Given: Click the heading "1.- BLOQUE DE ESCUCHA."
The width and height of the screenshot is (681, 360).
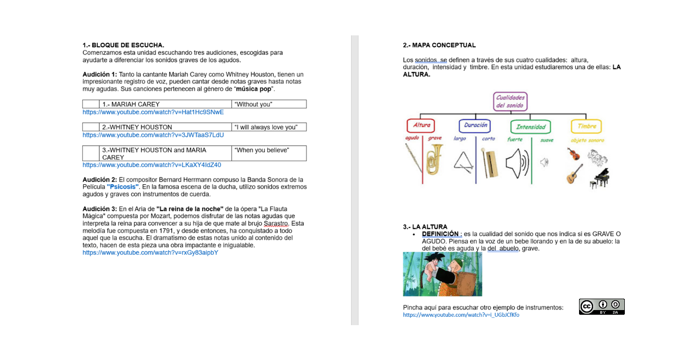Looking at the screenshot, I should [123, 45].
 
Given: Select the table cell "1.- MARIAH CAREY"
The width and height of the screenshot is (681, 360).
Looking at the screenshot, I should [131, 104].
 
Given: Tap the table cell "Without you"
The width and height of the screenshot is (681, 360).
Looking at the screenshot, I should [254, 104].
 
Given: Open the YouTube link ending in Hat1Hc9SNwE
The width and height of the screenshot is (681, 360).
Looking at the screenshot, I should [153, 112].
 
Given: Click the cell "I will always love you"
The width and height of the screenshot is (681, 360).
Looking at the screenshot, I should [266, 127].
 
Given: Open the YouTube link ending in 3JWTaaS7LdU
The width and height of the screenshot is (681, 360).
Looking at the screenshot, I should [153, 135].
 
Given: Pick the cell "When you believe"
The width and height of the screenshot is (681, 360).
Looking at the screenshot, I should [262, 150].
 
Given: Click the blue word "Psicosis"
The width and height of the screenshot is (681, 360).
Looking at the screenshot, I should [123, 187].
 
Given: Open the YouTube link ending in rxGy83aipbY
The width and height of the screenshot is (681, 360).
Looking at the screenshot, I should [150, 253].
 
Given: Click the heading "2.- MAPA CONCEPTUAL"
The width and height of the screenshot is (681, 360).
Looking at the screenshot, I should [439, 45].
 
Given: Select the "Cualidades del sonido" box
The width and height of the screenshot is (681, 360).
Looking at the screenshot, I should [510, 101].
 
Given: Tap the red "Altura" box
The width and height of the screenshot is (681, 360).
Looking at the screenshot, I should [421, 125].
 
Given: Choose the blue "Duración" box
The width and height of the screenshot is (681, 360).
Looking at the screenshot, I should [475, 125].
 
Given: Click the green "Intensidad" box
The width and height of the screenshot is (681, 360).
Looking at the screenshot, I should [530, 126].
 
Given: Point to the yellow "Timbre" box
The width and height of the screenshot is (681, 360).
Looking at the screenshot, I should [586, 126].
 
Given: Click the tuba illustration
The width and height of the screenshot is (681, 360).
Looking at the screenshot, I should [434, 159].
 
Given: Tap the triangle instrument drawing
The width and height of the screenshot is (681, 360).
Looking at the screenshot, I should [464, 164].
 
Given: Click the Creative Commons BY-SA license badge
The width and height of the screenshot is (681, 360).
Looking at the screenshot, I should [601, 306].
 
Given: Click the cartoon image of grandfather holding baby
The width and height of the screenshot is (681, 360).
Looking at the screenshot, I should [442, 274].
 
